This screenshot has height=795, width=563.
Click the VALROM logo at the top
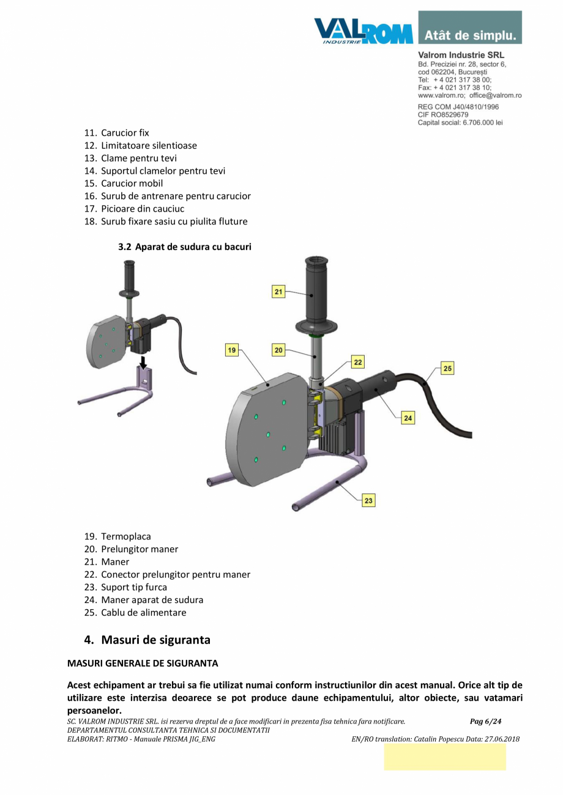tap(364, 31)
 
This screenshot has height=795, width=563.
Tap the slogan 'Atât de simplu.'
tap(470, 35)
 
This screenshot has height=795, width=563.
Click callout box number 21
tap(278, 292)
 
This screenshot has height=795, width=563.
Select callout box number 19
tap(232, 350)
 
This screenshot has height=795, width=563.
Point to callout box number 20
tap(278, 350)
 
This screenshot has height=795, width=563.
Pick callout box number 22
tap(357, 362)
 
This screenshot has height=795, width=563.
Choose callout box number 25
tap(447, 369)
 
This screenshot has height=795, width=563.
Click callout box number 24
tap(408, 418)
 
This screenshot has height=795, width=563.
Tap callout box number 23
tap(368, 500)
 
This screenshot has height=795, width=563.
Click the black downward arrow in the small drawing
tap(143, 361)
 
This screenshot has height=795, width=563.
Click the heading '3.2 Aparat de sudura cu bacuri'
tap(184, 247)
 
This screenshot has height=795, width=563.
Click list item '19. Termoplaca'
tap(117, 536)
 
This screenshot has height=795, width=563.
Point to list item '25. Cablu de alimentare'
tap(135, 612)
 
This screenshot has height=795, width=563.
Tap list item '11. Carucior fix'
tap(116, 132)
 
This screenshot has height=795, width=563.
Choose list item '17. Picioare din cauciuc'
tap(134, 209)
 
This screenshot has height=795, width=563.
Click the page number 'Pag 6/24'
tap(485, 722)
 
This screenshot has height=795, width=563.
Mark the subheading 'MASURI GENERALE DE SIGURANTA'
tap(142, 663)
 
